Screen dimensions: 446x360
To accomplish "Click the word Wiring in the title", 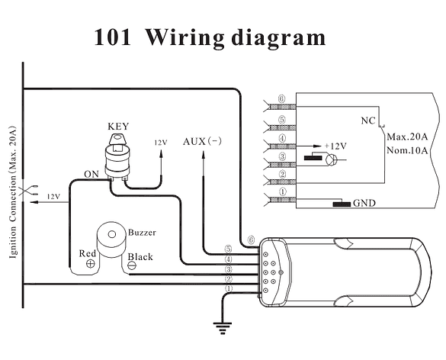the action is tap(184, 38).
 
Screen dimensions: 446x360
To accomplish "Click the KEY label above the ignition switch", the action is tap(118, 127).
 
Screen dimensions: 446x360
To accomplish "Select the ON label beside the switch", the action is tap(91, 174).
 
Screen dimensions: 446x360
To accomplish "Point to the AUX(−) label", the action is tap(202, 141).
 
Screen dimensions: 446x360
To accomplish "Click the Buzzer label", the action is tap(142, 233).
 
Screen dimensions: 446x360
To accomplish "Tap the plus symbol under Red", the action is tap(91, 264).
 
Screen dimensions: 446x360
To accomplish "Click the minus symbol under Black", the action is tap(132, 265).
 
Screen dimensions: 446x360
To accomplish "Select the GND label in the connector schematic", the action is tap(364, 203).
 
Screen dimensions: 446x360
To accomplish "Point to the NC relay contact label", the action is tap(368, 121).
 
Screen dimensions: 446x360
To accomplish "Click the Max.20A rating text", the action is tap(407, 137).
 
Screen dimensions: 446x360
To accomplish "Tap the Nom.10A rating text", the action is tap(407, 150).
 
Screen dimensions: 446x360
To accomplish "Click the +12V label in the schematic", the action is tap(335, 146).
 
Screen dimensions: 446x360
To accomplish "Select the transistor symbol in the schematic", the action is tap(331, 159).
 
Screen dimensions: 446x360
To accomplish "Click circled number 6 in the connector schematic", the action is tap(281, 99).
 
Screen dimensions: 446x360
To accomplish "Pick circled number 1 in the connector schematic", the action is tap(282, 192).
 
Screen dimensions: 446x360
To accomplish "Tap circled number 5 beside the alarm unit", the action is tap(229, 249).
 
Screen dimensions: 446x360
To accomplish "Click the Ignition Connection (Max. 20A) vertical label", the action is tap(13, 191).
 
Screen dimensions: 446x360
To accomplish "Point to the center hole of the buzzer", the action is tap(112, 234).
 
